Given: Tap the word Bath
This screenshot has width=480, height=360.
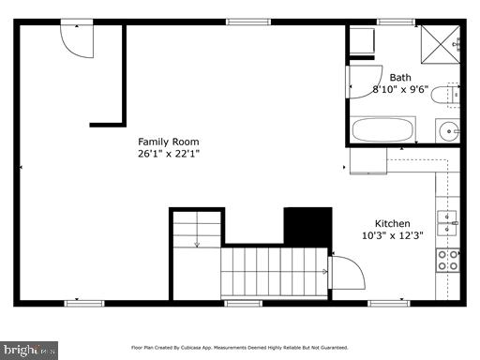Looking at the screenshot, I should click(x=400, y=77).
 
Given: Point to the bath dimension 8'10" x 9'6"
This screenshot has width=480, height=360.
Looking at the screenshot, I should click(x=400, y=89).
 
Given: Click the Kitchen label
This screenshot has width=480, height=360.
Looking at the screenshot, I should click(x=392, y=223).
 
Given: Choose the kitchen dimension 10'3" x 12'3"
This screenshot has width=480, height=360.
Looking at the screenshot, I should click(x=392, y=235).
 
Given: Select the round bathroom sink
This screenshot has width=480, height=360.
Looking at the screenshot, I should click(x=450, y=130).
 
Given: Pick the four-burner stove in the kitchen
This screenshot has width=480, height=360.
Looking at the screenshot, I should click(x=448, y=259).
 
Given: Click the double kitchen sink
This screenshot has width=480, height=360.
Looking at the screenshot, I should click(x=448, y=223).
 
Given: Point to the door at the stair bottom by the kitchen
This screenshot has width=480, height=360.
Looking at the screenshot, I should click(x=348, y=274).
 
